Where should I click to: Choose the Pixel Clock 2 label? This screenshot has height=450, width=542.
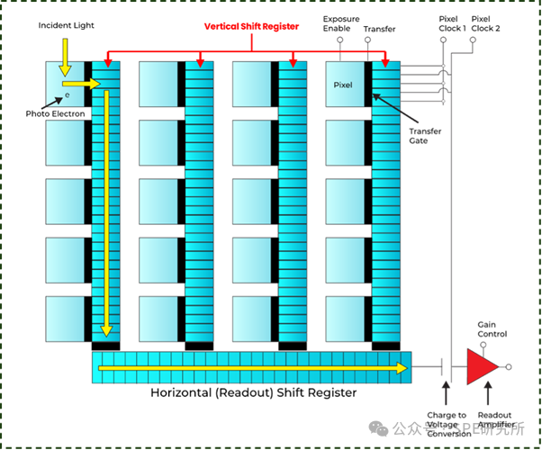[486, 22]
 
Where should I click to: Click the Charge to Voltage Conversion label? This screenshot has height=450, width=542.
[447, 425]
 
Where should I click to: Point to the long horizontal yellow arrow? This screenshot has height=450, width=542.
[252, 367]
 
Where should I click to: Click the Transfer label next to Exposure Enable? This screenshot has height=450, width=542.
[379, 30]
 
